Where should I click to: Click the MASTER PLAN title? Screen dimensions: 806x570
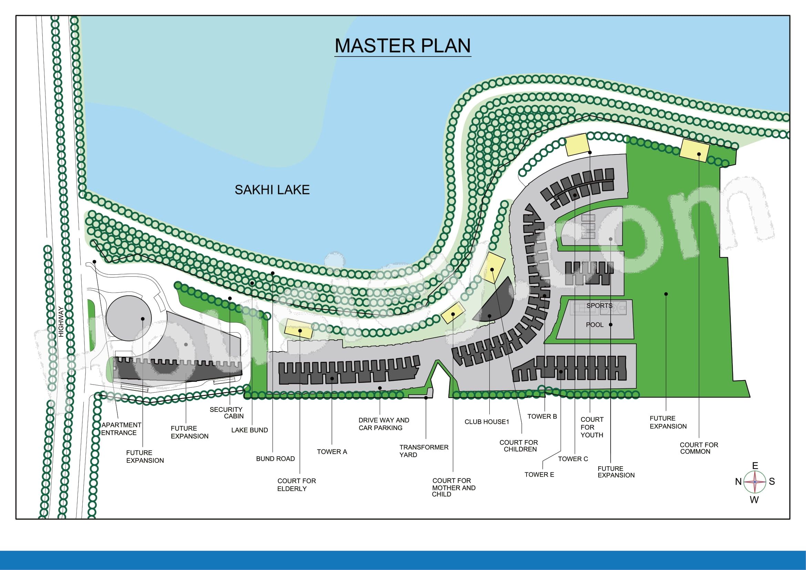point(402,45)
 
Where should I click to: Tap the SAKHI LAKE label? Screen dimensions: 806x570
point(272,190)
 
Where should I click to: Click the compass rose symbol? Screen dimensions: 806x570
point(754,482)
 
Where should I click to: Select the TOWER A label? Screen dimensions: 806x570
point(332,452)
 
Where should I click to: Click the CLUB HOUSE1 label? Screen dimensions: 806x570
point(487,422)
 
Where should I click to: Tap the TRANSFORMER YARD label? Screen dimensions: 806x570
point(424,451)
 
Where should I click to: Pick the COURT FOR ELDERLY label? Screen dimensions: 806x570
point(296,485)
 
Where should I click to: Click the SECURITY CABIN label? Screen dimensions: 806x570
point(226,413)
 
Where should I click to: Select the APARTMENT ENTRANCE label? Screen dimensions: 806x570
point(121,429)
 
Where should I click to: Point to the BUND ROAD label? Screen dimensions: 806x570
point(275,459)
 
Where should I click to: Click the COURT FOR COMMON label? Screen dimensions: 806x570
point(699,448)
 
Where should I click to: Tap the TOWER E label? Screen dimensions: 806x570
point(539,475)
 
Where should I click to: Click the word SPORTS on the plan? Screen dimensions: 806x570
point(599,306)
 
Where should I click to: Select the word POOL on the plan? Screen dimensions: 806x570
point(595,325)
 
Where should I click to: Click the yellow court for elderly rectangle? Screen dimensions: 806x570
point(298,329)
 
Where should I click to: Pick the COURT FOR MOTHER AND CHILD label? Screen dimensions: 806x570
point(453,488)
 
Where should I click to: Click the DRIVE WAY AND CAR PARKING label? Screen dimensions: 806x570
point(384,424)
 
